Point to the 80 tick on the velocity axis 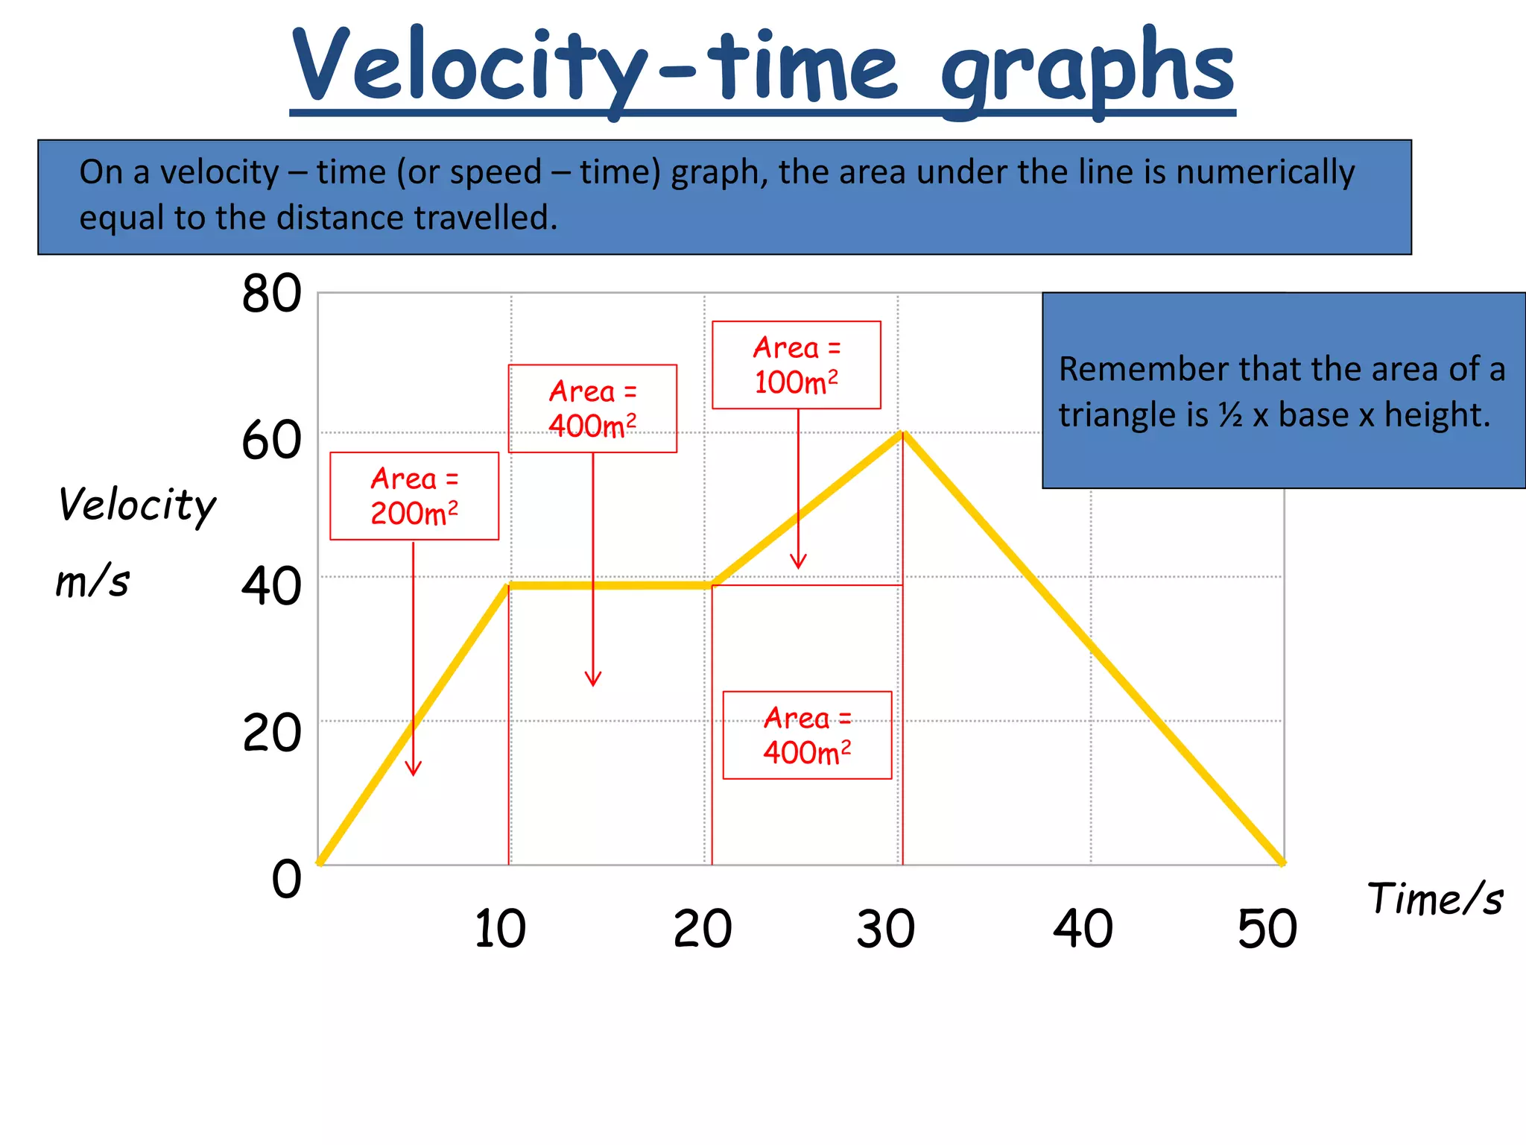tap(271, 294)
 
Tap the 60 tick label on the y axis tap(271, 441)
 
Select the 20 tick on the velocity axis tap(271, 733)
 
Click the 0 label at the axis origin tap(286, 879)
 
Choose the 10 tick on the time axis tap(500, 929)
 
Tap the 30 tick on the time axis tap(885, 929)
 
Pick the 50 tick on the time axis tap(1267, 929)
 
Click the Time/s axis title tap(1434, 898)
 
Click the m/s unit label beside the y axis tap(92, 581)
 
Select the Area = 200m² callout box tap(414, 496)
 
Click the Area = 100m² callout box tap(796, 365)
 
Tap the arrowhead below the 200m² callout tap(414, 770)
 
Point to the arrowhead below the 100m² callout tap(798, 563)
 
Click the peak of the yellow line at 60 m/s tap(902, 434)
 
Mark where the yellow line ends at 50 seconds tap(1282, 863)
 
